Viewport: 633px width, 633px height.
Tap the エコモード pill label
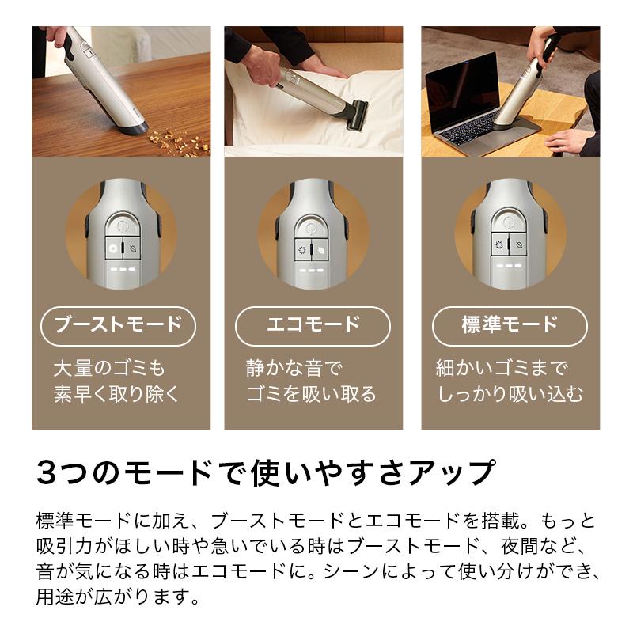313,324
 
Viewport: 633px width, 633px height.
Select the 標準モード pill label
510,324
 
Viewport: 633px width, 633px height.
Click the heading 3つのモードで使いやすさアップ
265,472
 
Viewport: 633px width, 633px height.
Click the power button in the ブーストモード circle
121,224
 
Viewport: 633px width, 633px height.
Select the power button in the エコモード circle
313,224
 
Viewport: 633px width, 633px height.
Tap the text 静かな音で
293,368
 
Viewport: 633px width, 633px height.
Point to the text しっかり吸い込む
510,394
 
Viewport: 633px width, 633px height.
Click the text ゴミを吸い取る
311,394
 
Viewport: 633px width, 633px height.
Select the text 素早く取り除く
117,394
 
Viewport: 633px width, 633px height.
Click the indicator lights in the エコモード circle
313,270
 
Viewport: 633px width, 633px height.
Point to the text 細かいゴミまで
502,368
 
